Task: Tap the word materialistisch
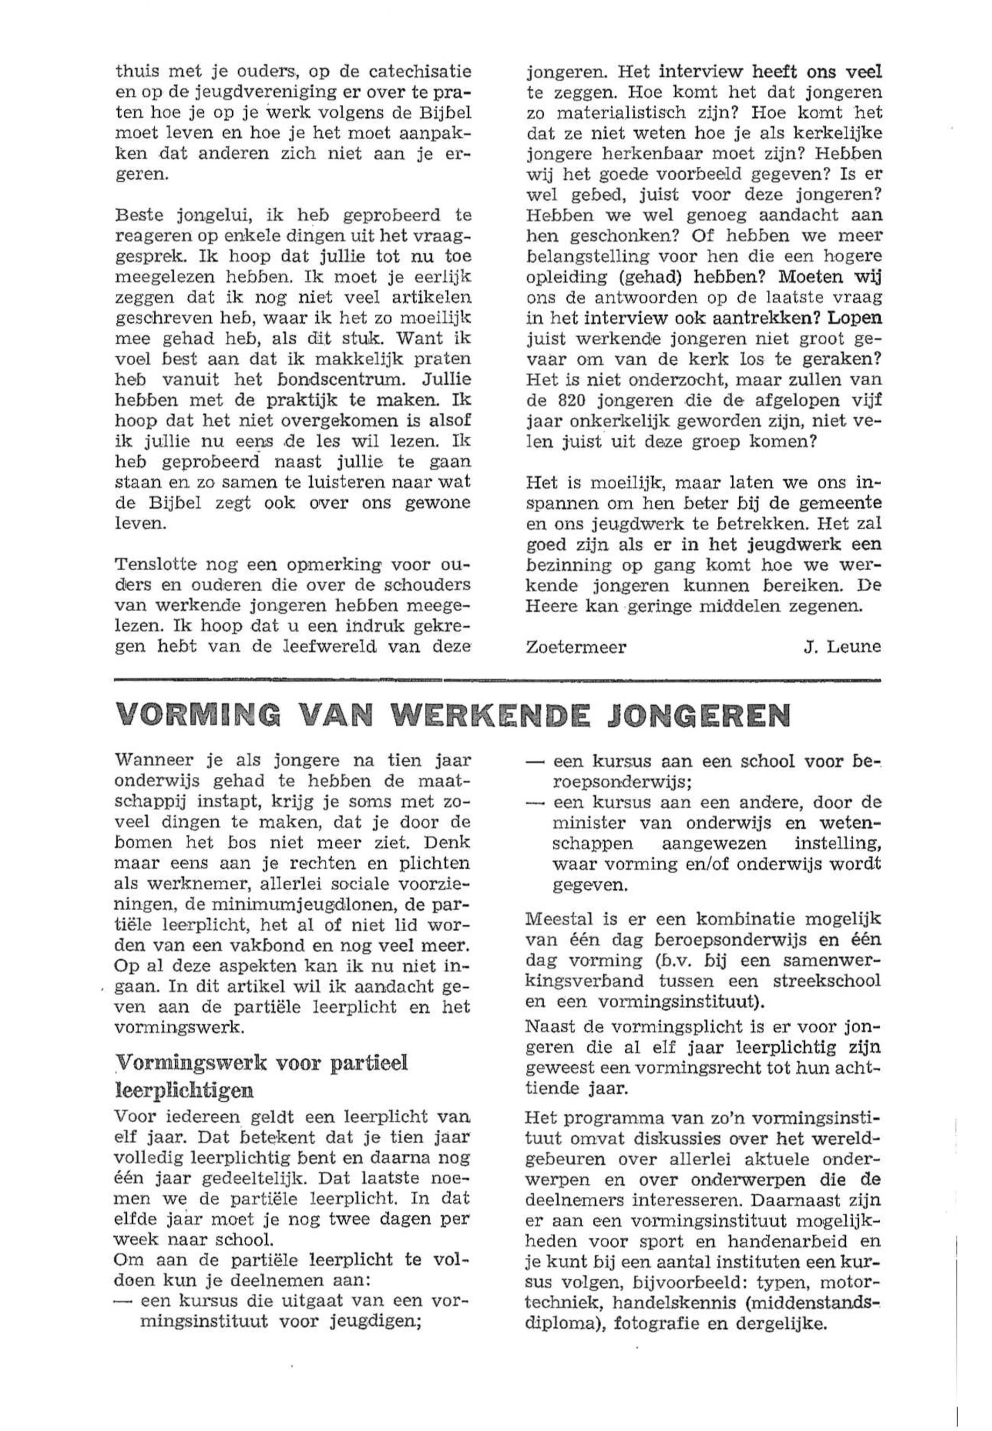[x=630, y=113]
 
